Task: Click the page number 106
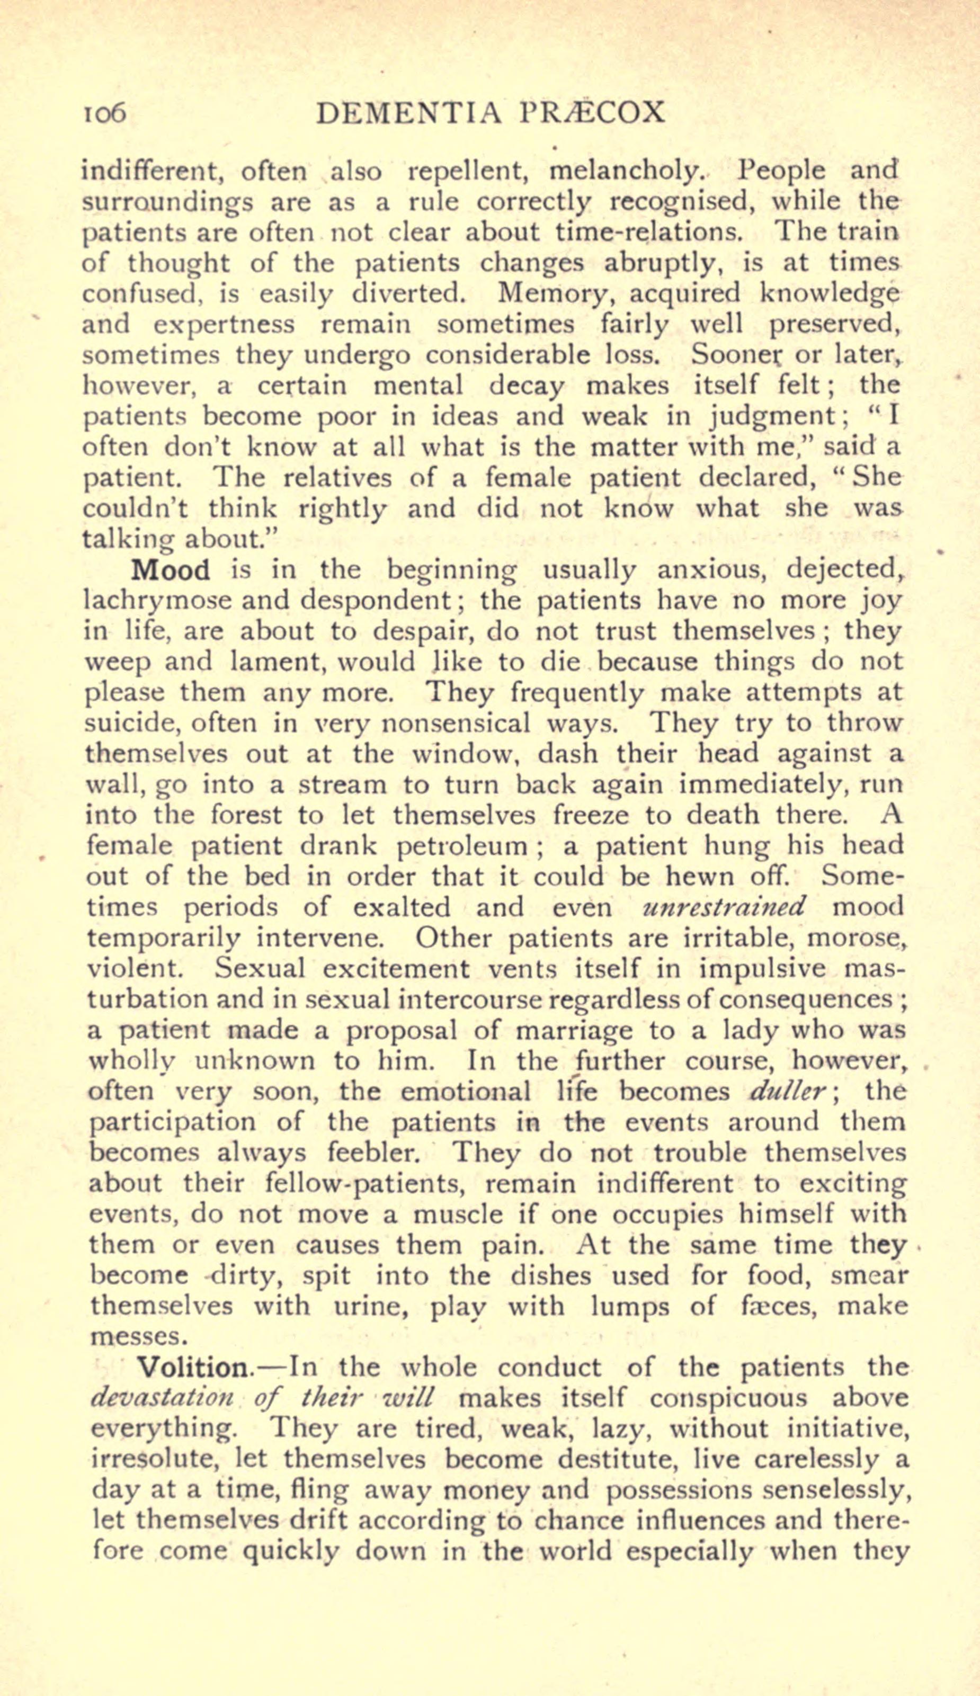coord(104,114)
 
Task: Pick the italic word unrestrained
coord(724,907)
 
